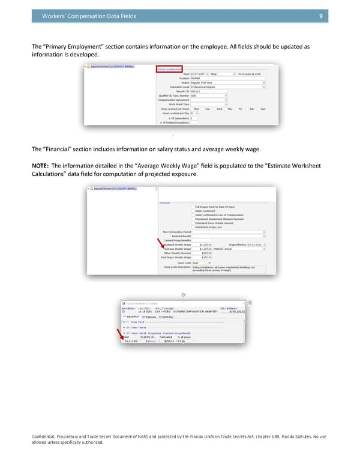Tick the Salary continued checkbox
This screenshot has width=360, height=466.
(x=193, y=211)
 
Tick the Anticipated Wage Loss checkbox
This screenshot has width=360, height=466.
(x=193, y=227)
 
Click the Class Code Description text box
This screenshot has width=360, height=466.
(x=228, y=269)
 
